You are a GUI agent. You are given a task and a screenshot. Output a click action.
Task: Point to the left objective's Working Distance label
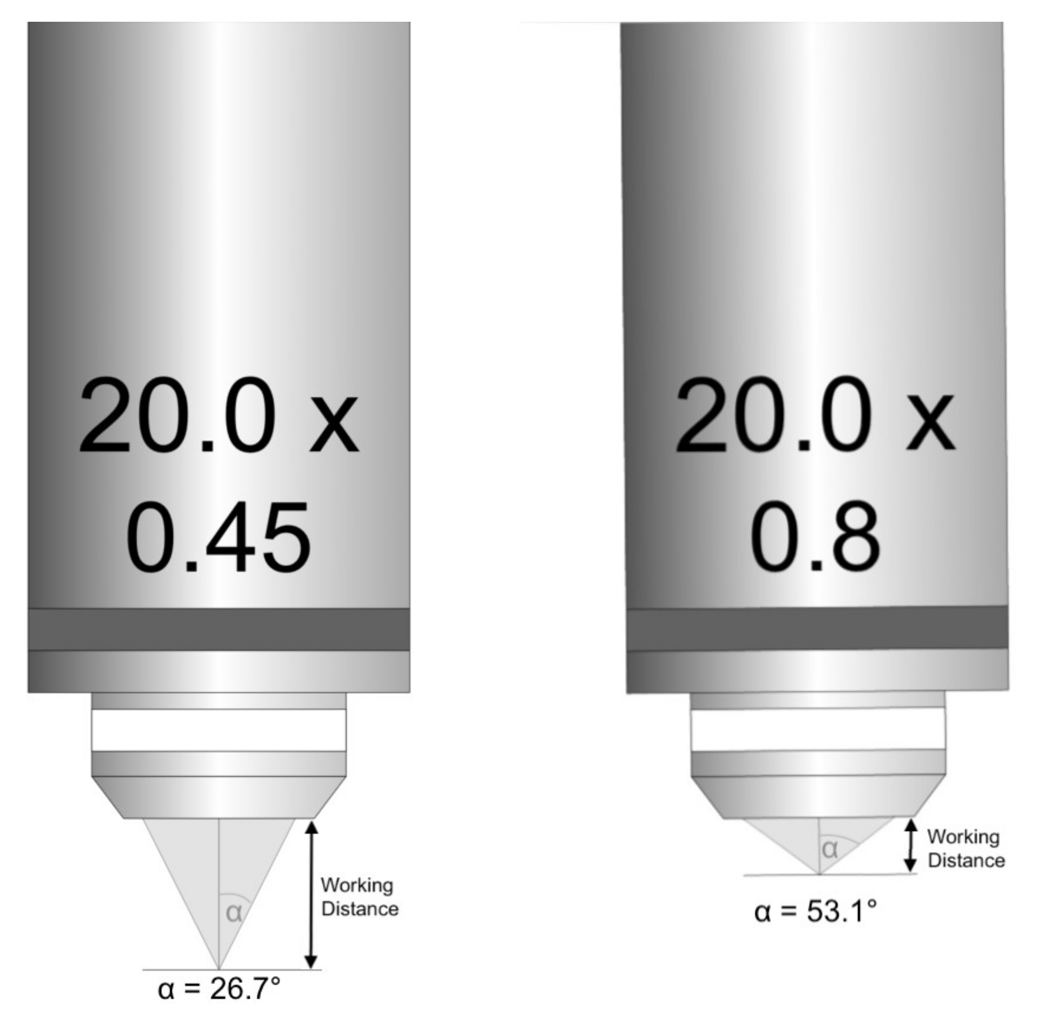click(359, 897)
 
